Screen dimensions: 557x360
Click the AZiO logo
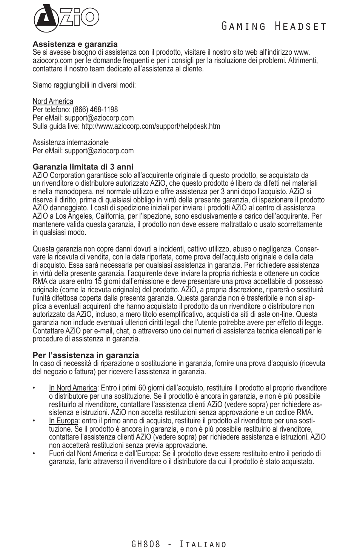point(66,18)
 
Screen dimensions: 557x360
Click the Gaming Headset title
point(273,26)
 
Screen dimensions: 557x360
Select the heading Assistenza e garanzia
point(75,45)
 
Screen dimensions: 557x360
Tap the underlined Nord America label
point(53,101)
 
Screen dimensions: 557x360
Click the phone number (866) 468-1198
point(95,110)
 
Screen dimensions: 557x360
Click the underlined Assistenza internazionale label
point(71,142)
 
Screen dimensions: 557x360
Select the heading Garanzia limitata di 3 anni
point(83,167)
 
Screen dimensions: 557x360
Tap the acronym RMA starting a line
point(40,282)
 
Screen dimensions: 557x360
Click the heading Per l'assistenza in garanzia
point(86,355)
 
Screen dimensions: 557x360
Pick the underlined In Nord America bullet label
point(73,388)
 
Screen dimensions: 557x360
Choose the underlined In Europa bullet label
point(63,421)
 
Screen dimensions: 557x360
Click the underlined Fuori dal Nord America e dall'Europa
point(104,454)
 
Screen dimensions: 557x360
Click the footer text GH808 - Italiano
point(179,544)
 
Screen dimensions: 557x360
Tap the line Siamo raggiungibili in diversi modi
point(84,85)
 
